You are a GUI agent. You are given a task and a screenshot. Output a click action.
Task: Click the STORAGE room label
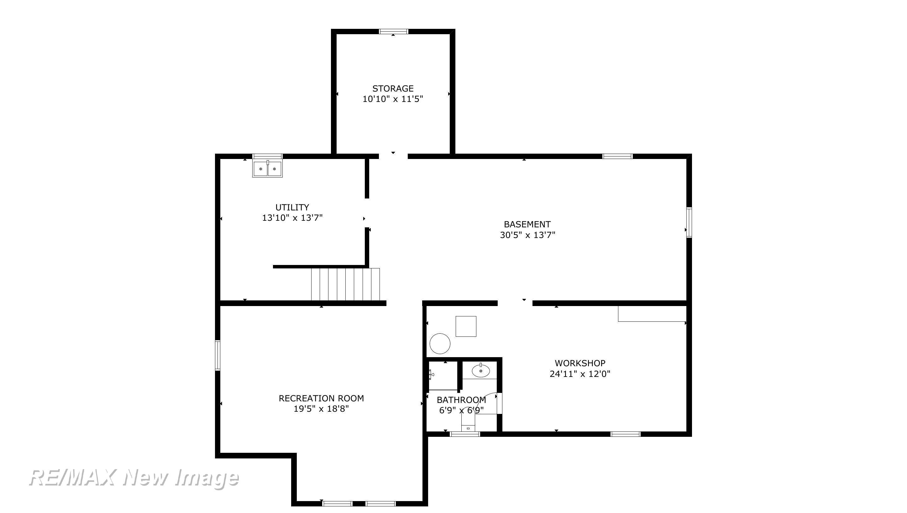pos(393,88)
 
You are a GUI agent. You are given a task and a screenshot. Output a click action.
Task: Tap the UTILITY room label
pos(292,207)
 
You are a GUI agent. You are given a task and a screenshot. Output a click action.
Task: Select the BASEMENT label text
pos(527,224)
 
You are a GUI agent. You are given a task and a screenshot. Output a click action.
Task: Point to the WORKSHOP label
pos(580,363)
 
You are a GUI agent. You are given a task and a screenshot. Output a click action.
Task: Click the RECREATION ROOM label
pos(321,398)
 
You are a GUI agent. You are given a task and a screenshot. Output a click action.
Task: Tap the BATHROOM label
pos(461,400)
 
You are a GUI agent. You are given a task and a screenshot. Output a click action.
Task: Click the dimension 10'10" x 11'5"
pos(393,99)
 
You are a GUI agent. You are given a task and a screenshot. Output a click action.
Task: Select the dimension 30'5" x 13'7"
pos(527,235)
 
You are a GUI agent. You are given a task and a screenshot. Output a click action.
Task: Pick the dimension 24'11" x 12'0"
pos(580,373)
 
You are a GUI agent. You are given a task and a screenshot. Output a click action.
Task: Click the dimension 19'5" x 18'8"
pos(321,409)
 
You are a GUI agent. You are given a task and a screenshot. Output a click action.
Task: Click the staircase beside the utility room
pos(345,284)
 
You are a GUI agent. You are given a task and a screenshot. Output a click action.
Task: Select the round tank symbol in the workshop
pos(440,344)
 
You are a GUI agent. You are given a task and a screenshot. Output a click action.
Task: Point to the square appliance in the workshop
pos(466,326)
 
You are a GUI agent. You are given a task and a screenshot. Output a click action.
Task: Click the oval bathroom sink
pos(481,371)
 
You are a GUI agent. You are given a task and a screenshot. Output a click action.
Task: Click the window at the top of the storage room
pos(394,31)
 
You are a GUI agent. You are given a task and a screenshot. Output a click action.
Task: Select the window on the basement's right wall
pos(689,223)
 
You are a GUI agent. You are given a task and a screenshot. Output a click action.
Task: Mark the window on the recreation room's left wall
pos(218,356)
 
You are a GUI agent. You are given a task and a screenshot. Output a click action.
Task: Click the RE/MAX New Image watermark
pos(134,478)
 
